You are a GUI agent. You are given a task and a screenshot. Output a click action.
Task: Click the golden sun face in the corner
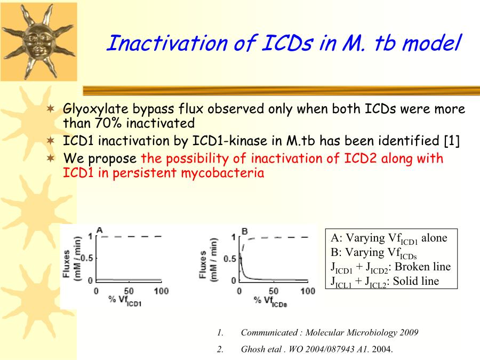coord(38,41)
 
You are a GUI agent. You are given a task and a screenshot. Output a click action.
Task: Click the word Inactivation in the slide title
coord(167,43)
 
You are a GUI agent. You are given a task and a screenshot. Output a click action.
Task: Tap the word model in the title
coord(431,43)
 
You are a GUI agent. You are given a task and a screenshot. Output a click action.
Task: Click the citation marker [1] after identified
coord(452,141)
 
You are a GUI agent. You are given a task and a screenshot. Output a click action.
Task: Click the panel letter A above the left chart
coord(100,230)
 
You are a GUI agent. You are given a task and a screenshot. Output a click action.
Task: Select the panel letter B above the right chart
coord(245,231)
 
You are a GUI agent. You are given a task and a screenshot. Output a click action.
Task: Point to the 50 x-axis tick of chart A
coord(129,291)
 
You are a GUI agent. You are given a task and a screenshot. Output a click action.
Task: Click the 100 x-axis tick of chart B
coord(308,291)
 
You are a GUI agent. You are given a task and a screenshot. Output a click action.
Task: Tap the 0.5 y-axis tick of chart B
coord(230,259)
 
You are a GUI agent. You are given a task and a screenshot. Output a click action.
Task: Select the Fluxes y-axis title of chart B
coord(203,265)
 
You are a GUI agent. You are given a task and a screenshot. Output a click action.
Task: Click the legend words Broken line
coord(423,267)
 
